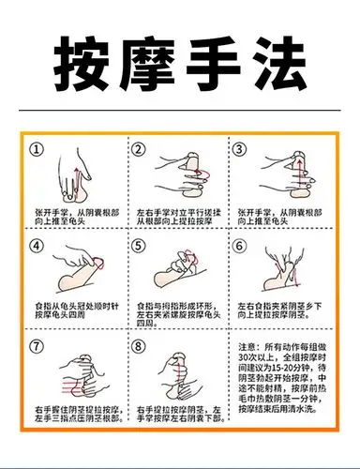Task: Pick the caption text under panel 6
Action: point(281,311)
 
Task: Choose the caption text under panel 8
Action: point(178,415)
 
